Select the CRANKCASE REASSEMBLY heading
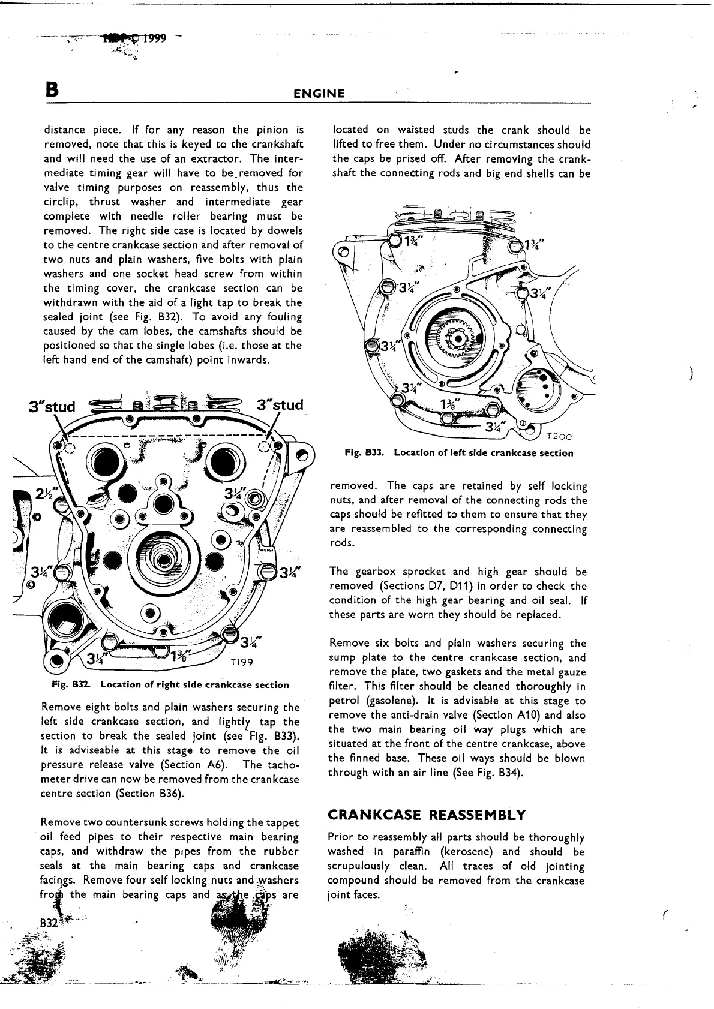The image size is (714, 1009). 427,815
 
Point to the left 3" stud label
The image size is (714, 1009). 52,407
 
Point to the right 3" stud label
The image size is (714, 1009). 280,405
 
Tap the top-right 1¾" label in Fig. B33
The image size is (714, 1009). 534,245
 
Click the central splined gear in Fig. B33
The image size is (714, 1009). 459,339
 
